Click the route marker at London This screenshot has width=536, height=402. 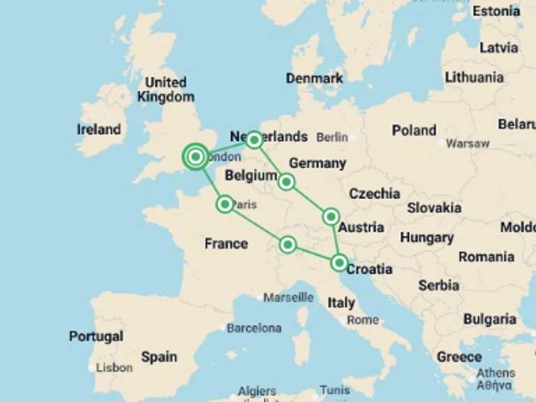coord(196,157)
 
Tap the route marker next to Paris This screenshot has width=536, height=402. coord(225,204)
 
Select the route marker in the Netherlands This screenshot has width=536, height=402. coord(254,140)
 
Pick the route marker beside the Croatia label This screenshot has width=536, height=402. coord(338,263)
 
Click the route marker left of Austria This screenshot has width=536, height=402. coord(331,217)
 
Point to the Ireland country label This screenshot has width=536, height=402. coord(98,129)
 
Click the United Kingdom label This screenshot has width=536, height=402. coord(165,90)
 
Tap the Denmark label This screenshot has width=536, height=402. coord(314,78)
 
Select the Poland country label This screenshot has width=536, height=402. coord(414,130)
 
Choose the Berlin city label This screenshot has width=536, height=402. coord(332,137)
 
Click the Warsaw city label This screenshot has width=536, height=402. coord(468,144)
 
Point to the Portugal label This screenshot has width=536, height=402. coord(96,336)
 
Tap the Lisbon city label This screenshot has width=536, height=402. coord(114,367)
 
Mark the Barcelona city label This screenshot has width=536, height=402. coord(254,327)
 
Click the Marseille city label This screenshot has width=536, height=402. coord(288,297)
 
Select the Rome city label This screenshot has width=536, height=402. coord(362,320)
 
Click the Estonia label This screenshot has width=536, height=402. coord(496,11)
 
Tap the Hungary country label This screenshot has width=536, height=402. coord(426,237)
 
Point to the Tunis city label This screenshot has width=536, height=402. coord(334,390)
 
